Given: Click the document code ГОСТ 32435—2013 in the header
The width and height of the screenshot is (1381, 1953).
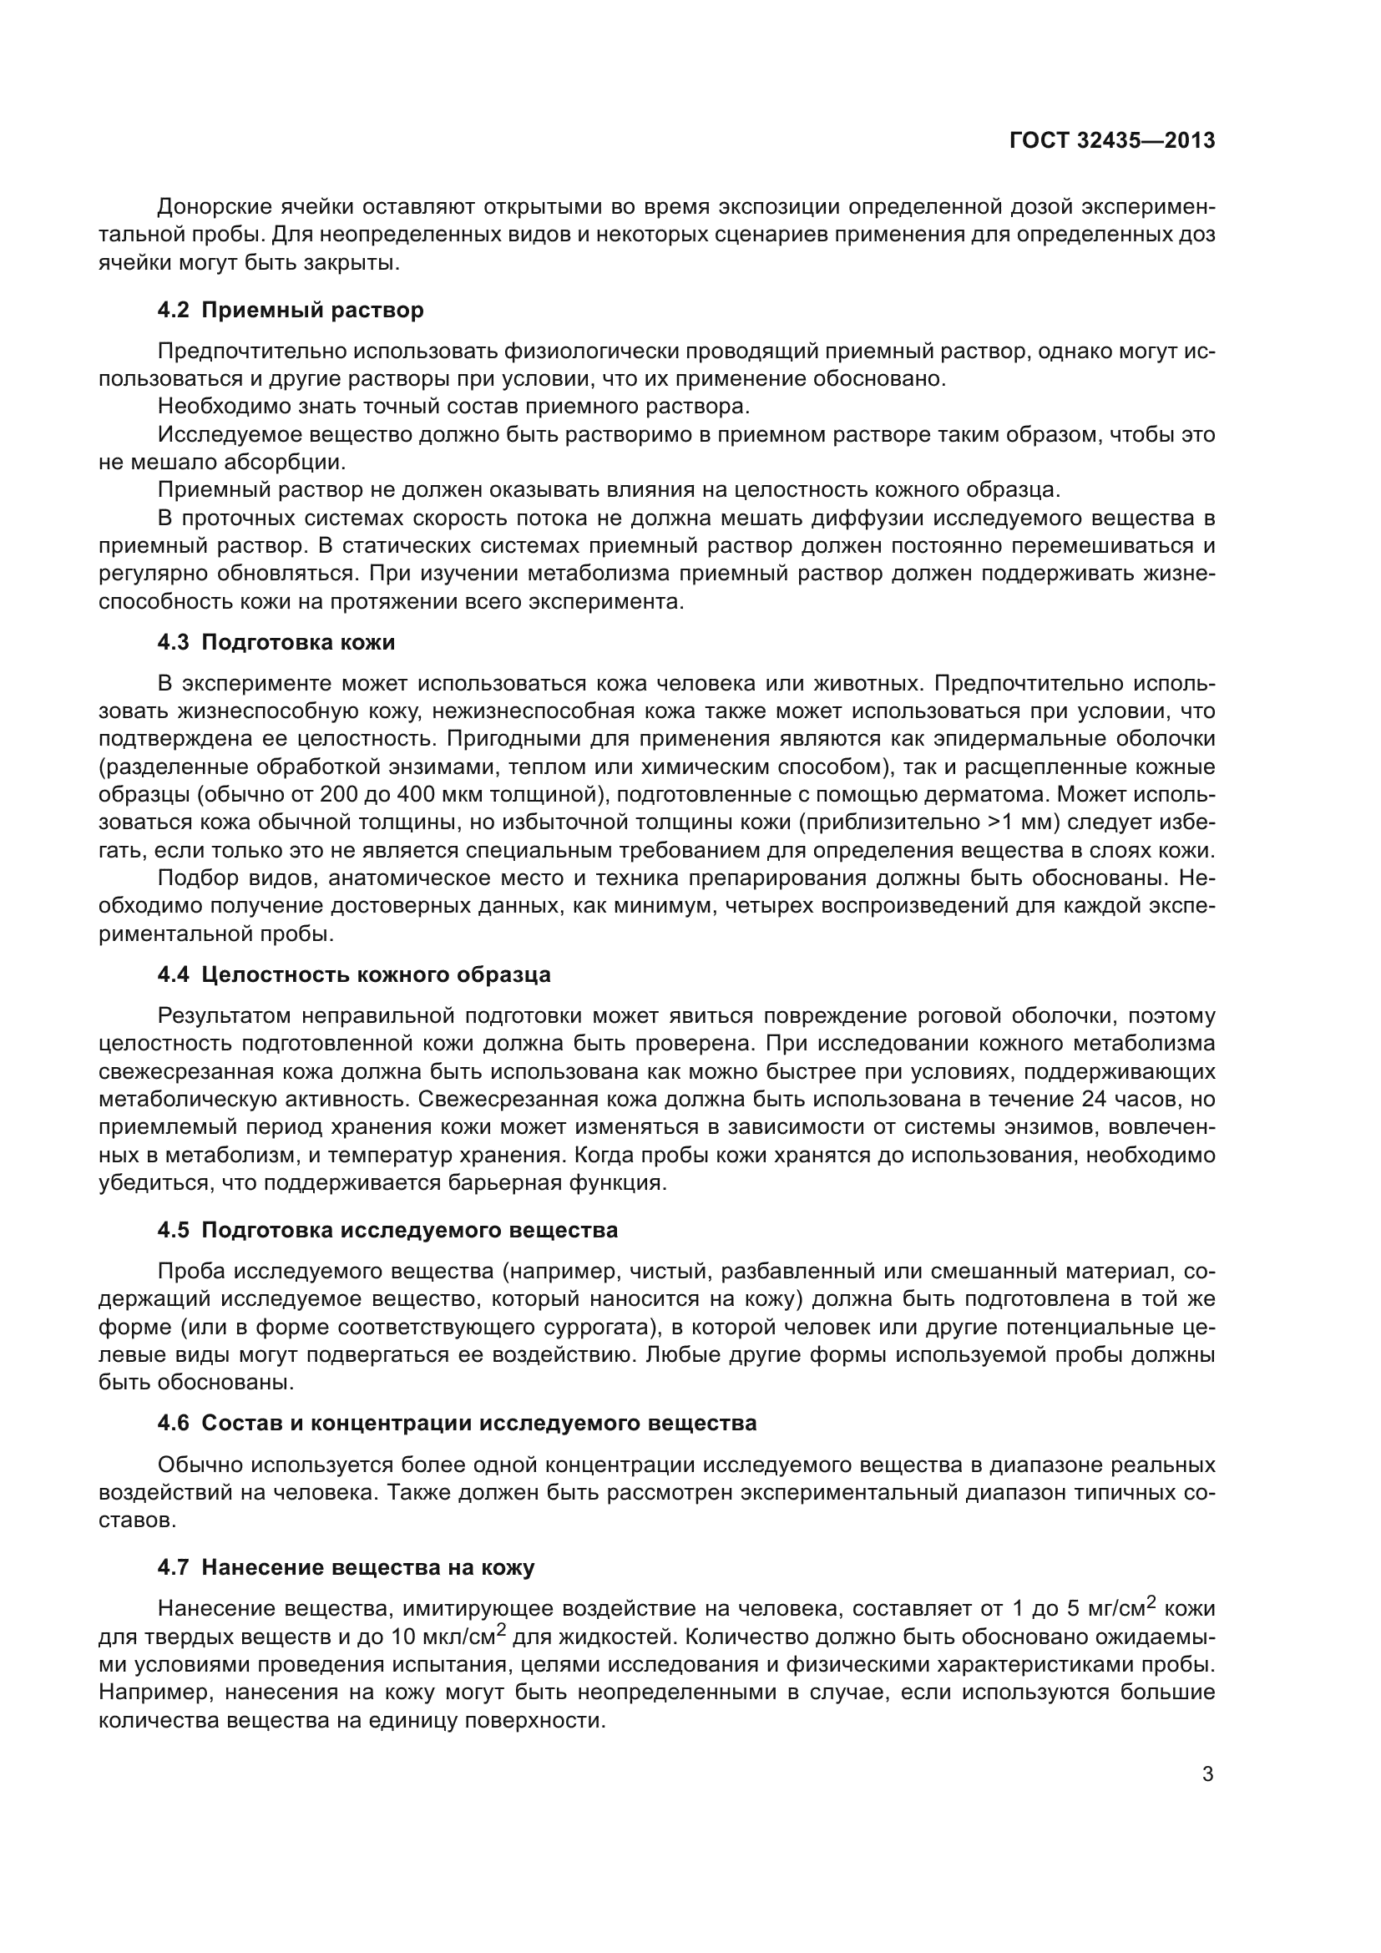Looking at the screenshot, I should pos(1111,141).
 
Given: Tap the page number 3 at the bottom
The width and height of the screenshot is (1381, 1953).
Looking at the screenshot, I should pos(1207,1774).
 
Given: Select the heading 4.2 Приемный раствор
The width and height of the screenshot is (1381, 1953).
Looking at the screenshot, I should pos(290,311).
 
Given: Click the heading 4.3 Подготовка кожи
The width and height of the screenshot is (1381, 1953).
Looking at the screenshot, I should pos(276,642).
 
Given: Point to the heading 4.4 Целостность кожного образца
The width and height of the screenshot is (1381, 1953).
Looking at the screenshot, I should pos(354,974).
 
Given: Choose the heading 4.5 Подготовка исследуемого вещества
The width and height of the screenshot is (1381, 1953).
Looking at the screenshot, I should pos(387,1231).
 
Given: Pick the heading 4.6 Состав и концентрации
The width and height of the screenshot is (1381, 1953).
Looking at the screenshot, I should pos(457,1423).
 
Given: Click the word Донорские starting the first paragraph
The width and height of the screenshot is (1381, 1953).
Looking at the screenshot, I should pos(215,207).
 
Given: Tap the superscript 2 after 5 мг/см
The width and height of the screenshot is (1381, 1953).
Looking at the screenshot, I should pos(1151,1601).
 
